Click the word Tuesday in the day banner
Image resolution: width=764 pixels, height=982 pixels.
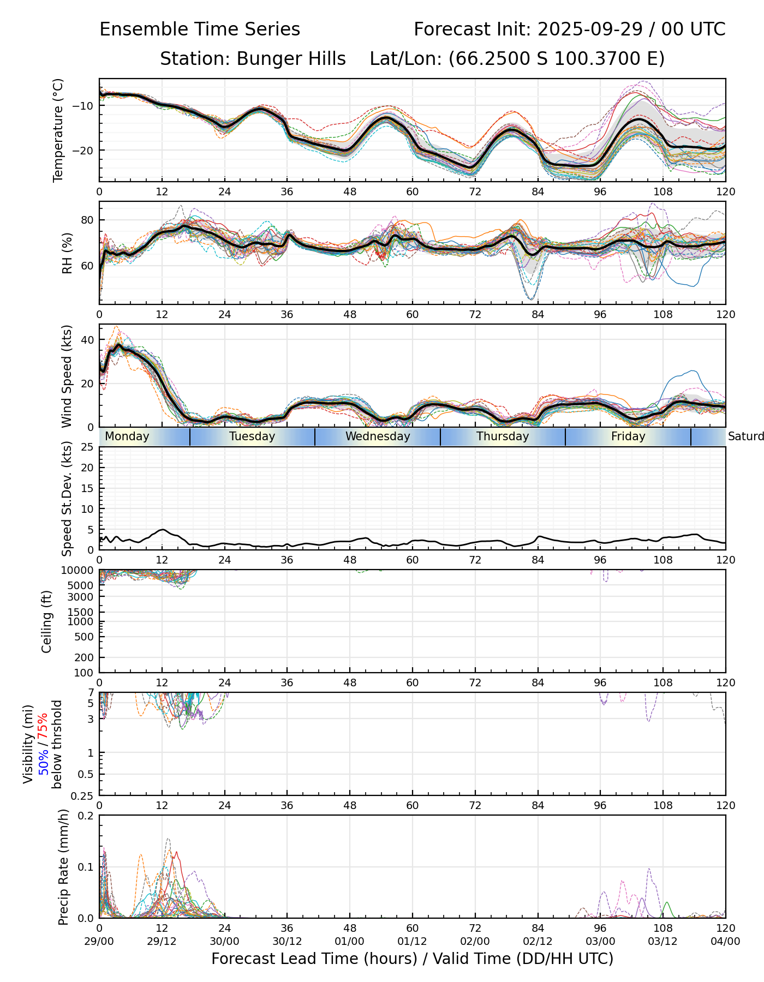(252, 436)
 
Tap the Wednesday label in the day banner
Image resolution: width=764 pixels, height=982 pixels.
(378, 436)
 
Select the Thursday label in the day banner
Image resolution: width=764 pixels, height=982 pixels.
(503, 436)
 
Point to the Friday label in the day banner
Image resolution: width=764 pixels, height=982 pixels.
(628, 436)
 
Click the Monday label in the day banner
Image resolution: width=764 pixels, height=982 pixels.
(127, 436)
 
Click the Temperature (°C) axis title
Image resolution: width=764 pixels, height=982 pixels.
(58, 130)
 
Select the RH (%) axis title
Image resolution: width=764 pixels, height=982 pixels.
(67, 253)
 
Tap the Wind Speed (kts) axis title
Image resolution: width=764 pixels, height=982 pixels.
(67, 376)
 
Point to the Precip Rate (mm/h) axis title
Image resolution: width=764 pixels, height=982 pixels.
(64, 867)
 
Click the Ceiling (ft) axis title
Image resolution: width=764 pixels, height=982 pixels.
(47, 621)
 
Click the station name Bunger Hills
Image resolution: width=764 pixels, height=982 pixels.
(291, 59)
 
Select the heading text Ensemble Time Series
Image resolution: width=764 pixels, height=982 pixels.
(200, 29)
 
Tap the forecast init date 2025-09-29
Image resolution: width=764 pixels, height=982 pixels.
(591, 29)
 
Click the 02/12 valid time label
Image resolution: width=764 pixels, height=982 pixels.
(538, 942)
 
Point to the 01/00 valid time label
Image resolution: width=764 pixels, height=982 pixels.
(350, 942)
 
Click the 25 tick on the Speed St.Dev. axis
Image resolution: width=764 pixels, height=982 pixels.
(87, 447)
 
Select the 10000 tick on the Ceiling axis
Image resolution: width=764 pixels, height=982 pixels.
(80, 570)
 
